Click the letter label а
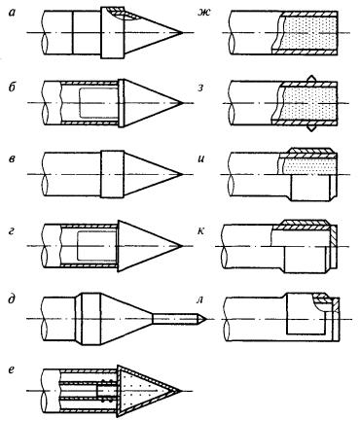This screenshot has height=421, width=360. [x=13, y=14]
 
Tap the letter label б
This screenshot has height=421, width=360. [x=12, y=87]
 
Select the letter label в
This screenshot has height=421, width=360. [x=12, y=159]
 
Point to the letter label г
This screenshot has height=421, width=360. [x=12, y=231]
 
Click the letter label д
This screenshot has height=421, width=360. [x=12, y=299]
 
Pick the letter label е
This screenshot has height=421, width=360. [x=12, y=370]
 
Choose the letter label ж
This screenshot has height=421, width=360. [x=204, y=13]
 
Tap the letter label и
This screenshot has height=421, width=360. [x=201, y=159]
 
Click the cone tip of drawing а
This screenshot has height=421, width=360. [x=182, y=32]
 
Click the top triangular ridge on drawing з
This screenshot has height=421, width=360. [x=310, y=78]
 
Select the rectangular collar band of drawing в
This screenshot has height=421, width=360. [x=112, y=174]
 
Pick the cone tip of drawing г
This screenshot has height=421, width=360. [x=181, y=246]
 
